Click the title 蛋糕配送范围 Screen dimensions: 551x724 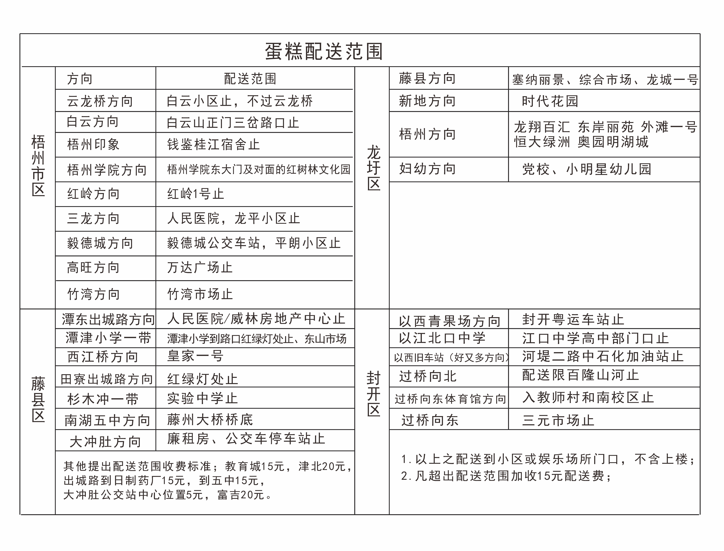click(x=324, y=51)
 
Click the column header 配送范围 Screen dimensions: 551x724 click(x=250, y=79)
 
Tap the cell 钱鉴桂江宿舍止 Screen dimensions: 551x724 click(x=213, y=144)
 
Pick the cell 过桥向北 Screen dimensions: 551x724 click(x=428, y=376)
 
